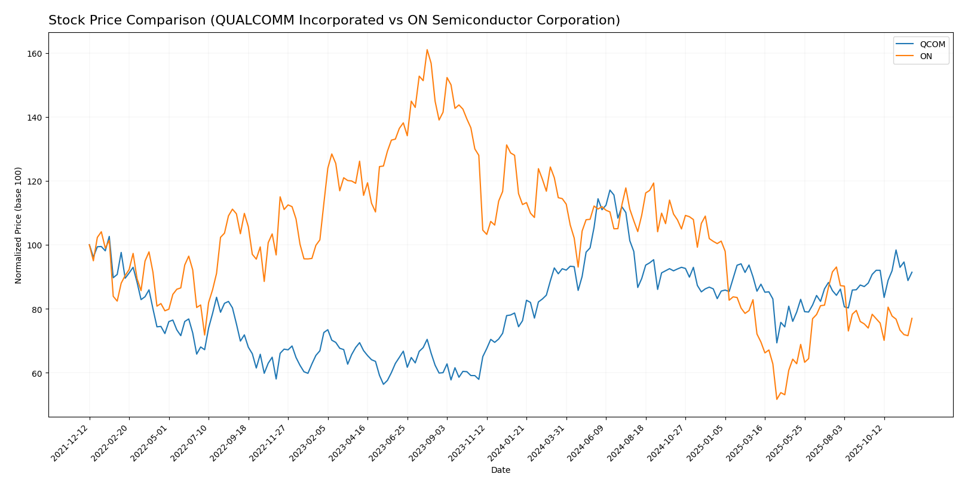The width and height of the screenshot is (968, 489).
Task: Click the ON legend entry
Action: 926,57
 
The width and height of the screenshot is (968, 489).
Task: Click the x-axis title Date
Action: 500,470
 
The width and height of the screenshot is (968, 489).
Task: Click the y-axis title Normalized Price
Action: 19,225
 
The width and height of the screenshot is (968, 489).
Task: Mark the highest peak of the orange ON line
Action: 427,50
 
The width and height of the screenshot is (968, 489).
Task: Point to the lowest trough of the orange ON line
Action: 777,399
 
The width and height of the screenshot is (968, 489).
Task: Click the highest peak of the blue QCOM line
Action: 610,190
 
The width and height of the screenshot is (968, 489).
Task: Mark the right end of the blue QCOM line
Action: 912,272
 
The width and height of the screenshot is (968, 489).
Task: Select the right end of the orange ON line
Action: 912,318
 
